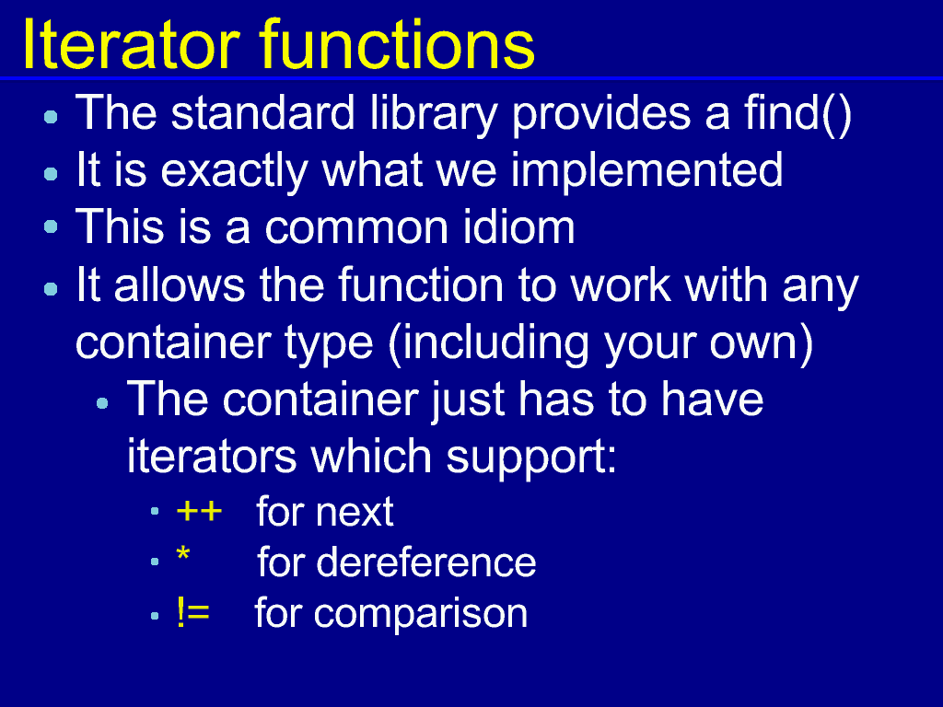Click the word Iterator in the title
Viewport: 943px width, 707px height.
(131, 44)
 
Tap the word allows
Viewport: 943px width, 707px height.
(180, 284)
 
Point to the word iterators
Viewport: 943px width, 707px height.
(212, 456)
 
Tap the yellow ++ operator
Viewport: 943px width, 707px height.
(200, 512)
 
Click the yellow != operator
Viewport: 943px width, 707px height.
(193, 612)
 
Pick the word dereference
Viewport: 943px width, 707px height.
(426, 562)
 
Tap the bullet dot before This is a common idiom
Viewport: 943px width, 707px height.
(52, 226)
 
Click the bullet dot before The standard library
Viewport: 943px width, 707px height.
(52, 116)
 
